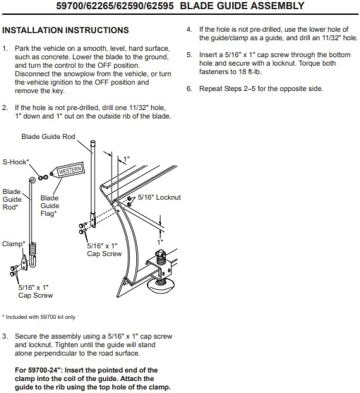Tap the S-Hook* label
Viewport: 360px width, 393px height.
(16, 162)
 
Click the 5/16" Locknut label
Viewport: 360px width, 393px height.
(160, 198)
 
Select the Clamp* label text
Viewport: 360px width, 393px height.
(13, 244)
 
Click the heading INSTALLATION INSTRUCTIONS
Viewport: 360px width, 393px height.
(66, 30)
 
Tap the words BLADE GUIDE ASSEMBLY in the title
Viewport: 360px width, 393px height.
(242, 6)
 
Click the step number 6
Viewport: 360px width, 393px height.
(189, 89)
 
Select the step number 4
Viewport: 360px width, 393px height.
(189, 30)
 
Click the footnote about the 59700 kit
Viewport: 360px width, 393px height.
(39, 317)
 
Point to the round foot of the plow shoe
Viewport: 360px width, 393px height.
(160, 286)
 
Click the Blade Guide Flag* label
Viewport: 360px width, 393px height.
(49, 206)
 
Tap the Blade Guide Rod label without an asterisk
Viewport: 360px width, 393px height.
(48, 137)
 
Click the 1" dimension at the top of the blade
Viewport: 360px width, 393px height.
(126, 159)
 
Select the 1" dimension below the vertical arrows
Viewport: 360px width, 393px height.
(160, 242)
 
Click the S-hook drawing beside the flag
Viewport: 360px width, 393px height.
(43, 178)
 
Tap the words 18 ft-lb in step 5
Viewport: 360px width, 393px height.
(250, 72)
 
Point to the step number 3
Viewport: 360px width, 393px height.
(5, 337)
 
